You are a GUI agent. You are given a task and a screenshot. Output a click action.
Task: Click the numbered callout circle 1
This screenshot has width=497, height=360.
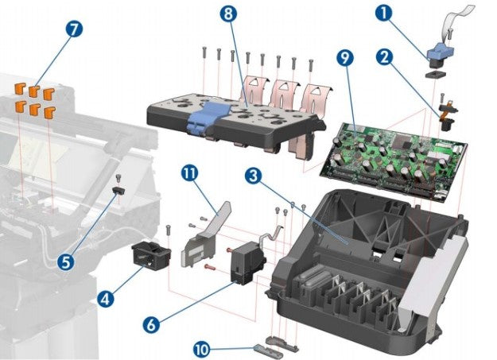(384, 13)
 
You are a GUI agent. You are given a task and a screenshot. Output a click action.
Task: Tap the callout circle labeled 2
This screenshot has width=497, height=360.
(383, 57)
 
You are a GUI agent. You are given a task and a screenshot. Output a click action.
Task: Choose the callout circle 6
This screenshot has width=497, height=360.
(152, 324)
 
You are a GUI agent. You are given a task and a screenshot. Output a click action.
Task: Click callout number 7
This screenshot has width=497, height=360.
(74, 29)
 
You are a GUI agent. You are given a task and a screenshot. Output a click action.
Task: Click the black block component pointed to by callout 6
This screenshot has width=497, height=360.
(243, 264)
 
